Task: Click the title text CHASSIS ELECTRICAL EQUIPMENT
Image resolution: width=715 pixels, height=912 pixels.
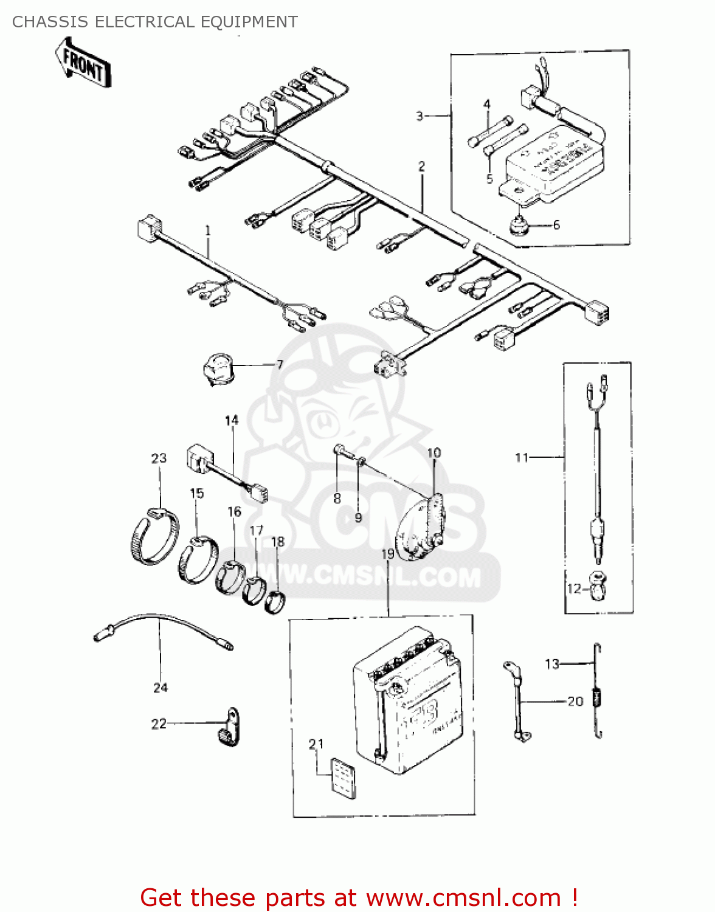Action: [154, 22]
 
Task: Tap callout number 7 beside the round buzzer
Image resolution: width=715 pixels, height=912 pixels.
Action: [280, 364]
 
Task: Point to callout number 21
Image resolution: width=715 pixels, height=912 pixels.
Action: [316, 744]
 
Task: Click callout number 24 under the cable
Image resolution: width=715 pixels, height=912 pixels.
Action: [160, 688]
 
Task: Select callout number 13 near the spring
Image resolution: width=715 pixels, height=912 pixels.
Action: [551, 664]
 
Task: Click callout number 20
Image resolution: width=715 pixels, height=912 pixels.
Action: [575, 701]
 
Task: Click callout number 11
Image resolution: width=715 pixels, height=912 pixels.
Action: [522, 457]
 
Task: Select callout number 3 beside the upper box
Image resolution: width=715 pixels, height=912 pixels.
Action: [420, 116]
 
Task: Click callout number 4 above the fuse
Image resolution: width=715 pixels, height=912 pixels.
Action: [486, 105]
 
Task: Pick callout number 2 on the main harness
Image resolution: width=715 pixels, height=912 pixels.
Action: [421, 166]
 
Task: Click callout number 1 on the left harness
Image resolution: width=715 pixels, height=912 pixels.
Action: [208, 230]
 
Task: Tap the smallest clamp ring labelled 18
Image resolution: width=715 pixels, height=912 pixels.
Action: [277, 601]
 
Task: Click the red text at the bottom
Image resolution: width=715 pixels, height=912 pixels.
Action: [359, 897]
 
